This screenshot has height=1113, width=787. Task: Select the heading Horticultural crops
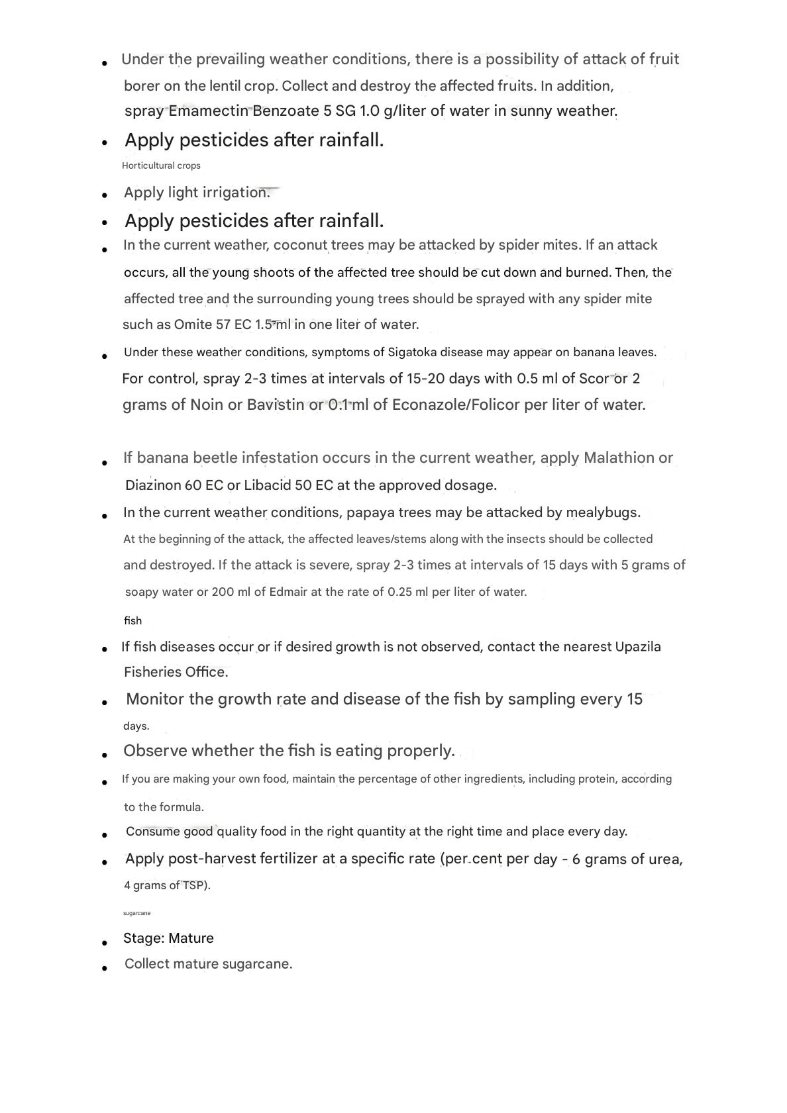(161, 166)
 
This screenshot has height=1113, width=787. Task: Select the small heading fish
(132, 621)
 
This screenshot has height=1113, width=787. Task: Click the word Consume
(153, 832)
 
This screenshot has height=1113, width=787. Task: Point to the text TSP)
(197, 886)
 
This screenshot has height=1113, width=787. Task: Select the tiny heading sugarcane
(136, 914)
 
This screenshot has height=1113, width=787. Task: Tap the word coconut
(301, 246)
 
